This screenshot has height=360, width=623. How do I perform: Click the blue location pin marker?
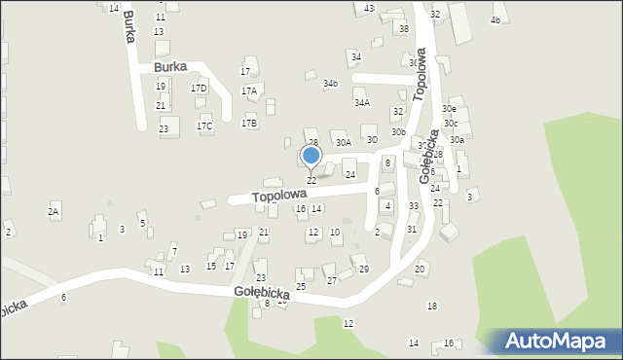point(311,157)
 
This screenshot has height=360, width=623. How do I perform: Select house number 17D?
point(199,89)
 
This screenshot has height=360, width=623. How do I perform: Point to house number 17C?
point(204,126)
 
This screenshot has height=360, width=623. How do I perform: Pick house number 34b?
point(331,84)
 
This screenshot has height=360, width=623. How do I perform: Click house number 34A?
point(362,102)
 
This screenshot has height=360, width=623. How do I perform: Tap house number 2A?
point(55,211)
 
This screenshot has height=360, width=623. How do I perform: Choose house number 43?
point(369,8)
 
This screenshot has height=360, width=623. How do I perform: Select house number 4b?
point(495,20)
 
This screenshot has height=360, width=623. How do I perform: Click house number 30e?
point(449,109)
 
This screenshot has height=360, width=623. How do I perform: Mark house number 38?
point(404,29)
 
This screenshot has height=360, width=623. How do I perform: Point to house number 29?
point(364,270)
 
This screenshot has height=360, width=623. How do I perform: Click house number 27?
point(331,281)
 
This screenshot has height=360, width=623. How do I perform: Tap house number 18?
point(432,306)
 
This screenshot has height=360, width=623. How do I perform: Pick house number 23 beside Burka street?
point(164,129)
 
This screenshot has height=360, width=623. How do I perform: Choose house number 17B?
point(250,124)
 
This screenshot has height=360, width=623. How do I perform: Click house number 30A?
point(343,143)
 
